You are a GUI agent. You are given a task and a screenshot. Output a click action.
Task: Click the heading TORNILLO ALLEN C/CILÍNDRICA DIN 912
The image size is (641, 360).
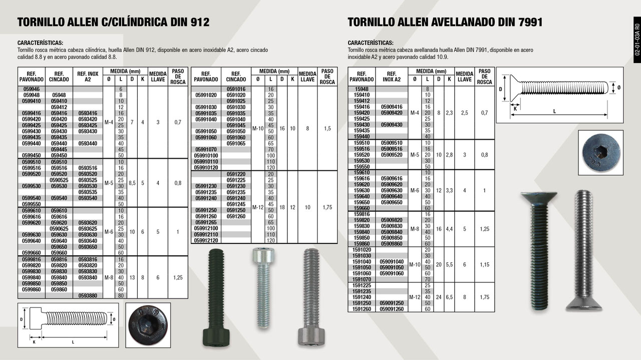113,23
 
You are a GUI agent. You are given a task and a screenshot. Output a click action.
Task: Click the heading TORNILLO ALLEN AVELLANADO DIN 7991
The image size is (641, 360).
445,23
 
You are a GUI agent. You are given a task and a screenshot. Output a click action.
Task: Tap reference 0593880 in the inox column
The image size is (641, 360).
88,295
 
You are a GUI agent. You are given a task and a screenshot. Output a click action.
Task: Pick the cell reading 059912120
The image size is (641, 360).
205,240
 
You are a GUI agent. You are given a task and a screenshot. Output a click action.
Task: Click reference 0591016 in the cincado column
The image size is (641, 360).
236,89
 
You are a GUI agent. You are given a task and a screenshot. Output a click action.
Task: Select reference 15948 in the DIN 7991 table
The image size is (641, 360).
361,89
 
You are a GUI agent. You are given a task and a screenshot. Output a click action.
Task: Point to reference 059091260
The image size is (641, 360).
392,309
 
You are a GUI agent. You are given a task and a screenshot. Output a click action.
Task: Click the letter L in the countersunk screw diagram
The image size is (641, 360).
554,112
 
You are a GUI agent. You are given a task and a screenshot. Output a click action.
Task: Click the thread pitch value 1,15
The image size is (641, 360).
484,265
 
